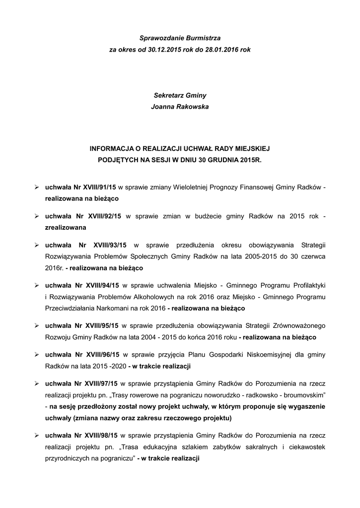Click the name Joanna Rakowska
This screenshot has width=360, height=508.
click(180, 107)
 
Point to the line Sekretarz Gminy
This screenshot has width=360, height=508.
click(180, 94)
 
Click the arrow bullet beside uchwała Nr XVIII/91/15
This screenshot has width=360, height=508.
click(37, 188)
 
